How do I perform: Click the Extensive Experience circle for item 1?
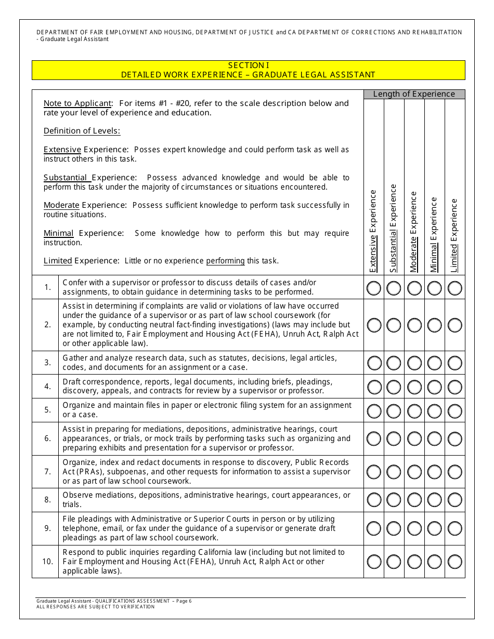click(374, 288)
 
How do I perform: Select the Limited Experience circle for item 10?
click(455, 562)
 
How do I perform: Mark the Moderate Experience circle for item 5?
click(414, 410)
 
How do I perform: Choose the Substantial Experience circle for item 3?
click(394, 363)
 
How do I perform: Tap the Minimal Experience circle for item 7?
click(435, 472)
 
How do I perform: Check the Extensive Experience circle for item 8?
click(374, 500)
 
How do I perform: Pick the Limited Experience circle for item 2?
click(455, 325)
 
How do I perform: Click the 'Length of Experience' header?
click(414, 94)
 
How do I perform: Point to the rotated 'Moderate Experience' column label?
click(414, 232)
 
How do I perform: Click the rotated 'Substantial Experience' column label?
click(394, 228)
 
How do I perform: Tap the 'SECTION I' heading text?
click(249, 65)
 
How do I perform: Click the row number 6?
click(47, 438)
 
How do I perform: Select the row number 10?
click(47, 562)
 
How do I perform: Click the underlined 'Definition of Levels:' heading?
click(82, 131)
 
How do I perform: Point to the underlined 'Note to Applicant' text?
click(77, 103)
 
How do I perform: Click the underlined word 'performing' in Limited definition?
click(225, 261)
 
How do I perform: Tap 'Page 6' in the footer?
click(184, 601)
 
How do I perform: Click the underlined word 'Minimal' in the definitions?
click(58, 233)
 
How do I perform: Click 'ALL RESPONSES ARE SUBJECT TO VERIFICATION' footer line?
click(95, 607)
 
